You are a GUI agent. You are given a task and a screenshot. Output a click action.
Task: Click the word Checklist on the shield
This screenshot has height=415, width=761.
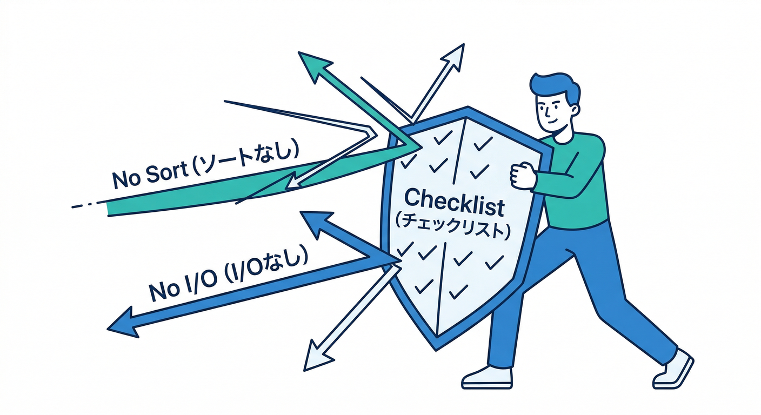tap(454, 203)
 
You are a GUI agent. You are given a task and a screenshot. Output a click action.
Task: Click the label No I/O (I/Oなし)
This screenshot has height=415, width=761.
tap(228, 275)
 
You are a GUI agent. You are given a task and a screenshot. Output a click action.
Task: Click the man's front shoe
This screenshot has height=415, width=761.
tap(487, 378)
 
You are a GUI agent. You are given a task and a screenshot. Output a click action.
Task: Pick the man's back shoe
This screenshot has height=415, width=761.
tap(673, 370)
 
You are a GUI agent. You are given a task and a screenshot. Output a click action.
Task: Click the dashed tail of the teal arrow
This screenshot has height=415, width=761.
tap(85, 205)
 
